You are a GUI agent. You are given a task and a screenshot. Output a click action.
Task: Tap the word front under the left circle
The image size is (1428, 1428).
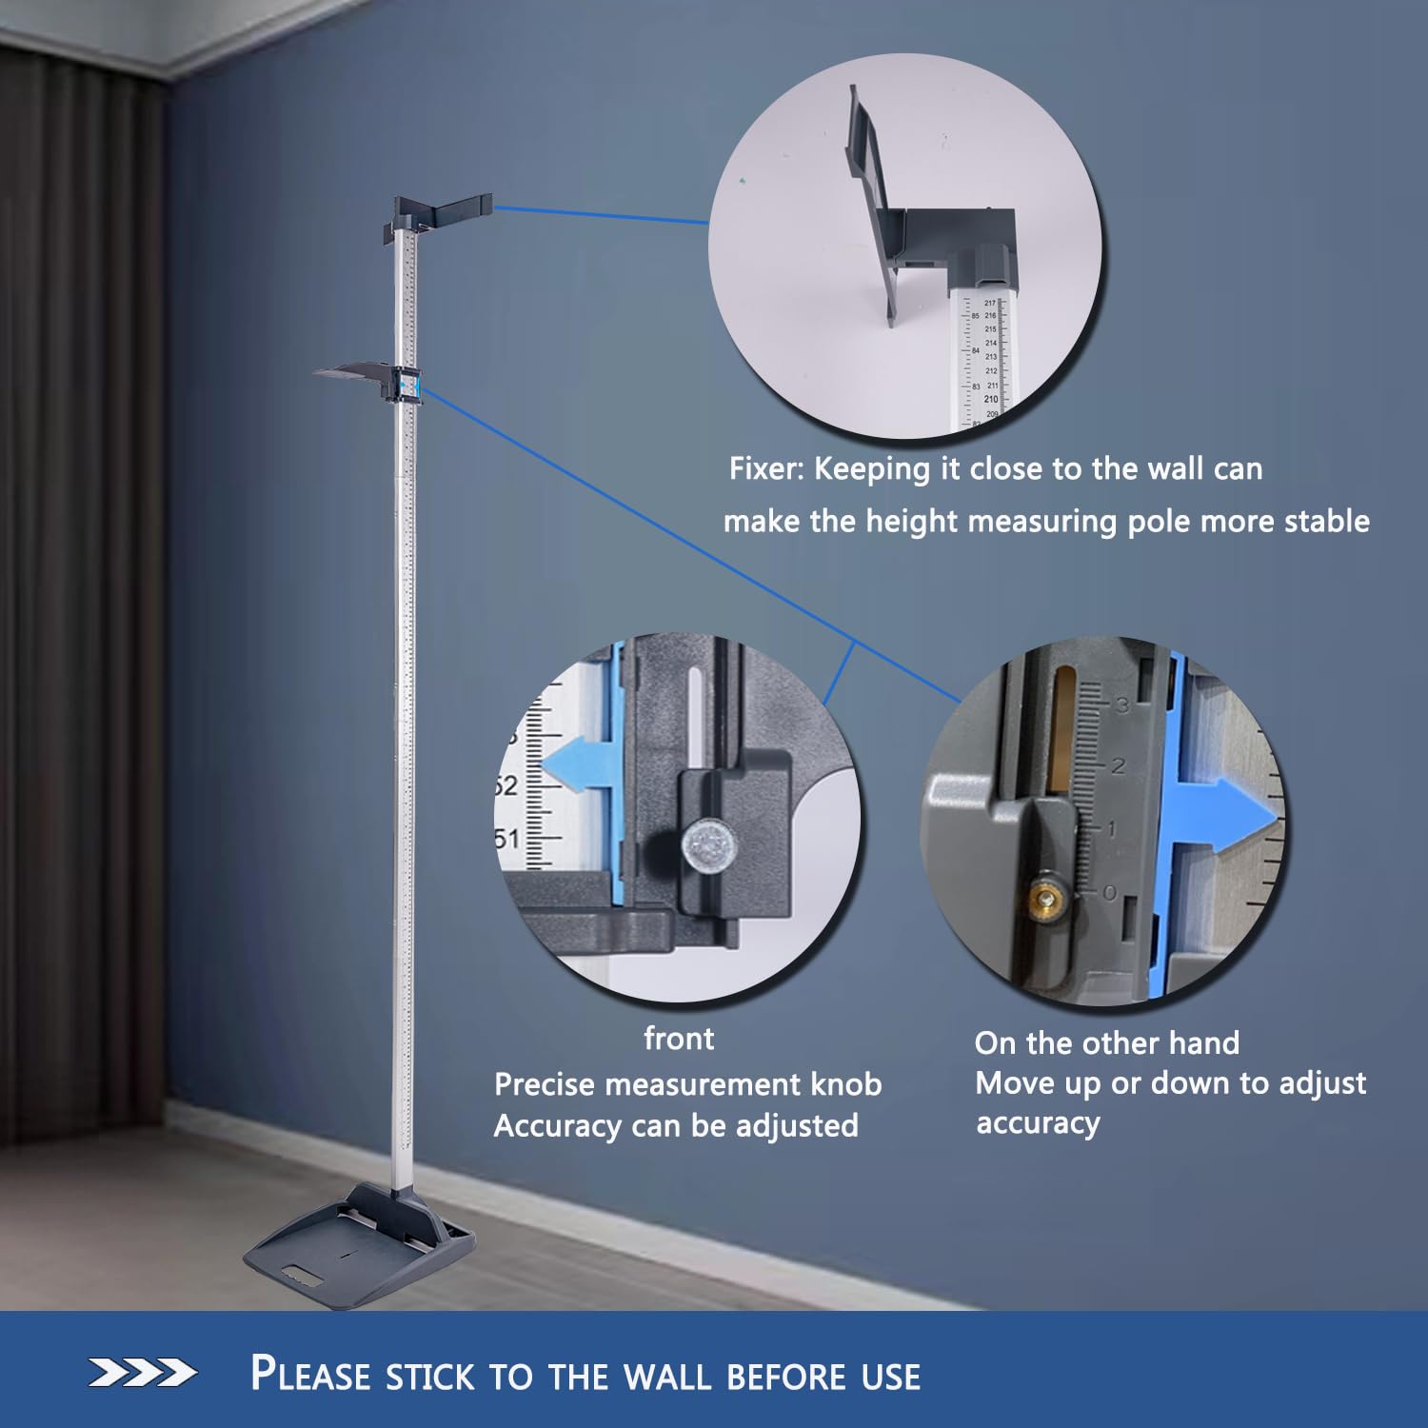pyautogui.click(x=679, y=1038)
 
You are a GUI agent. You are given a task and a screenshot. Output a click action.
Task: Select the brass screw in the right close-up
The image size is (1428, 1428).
pyautogui.click(x=1047, y=895)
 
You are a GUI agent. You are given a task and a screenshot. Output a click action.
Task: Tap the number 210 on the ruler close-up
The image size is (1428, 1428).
pyautogui.click(x=991, y=399)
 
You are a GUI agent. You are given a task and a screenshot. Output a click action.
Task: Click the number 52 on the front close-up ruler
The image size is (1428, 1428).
pyautogui.click(x=506, y=786)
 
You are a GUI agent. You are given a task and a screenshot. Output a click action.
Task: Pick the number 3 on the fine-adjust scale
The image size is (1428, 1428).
pyautogui.click(x=1121, y=705)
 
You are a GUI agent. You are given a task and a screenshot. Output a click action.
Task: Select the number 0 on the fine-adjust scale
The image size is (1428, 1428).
pyautogui.click(x=1108, y=893)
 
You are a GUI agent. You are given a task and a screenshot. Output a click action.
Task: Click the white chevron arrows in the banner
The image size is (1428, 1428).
pyautogui.click(x=143, y=1373)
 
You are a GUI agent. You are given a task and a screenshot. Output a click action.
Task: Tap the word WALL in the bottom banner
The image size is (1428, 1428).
pyautogui.click(x=665, y=1377)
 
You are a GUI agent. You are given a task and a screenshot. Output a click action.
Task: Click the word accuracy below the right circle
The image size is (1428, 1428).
pyautogui.click(x=1038, y=1123)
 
